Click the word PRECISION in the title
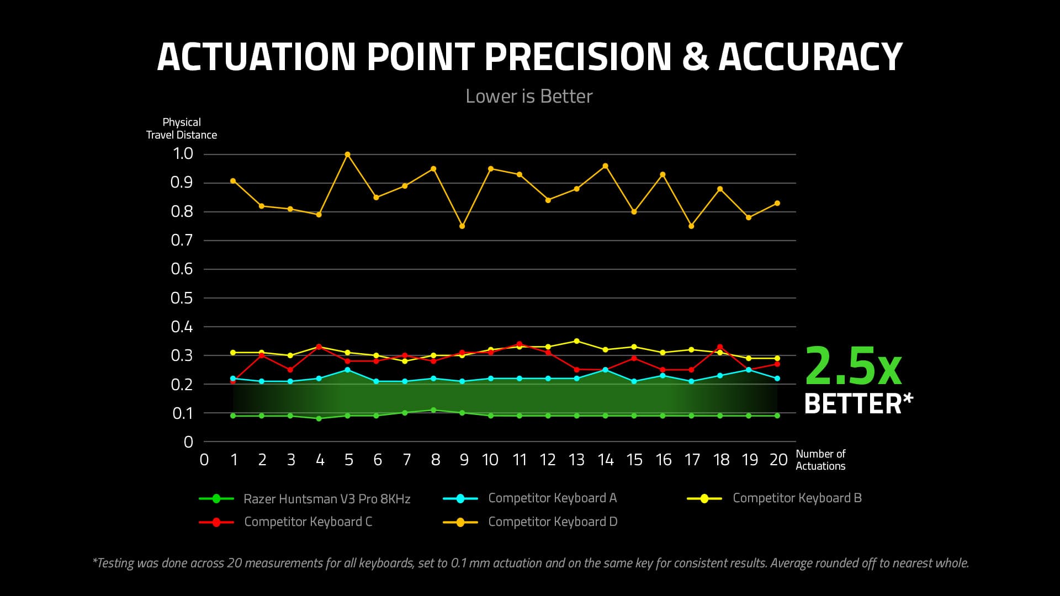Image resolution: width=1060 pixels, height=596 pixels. point(577,57)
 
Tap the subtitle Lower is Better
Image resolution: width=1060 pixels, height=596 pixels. point(529,97)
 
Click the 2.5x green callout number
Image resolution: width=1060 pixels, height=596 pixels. point(853,366)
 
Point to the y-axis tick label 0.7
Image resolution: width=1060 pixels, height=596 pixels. point(182,241)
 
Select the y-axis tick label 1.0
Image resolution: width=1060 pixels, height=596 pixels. point(183,154)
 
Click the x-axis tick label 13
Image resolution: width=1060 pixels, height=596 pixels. point(576,460)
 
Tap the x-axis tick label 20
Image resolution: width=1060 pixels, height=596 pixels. point(778,460)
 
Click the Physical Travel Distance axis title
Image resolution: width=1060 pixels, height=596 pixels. point(182,129)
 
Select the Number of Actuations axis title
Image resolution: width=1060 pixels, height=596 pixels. point(820,460)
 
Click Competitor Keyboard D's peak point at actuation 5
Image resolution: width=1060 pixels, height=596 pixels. point(347,155)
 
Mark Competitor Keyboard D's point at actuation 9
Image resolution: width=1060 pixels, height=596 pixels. point(462,226)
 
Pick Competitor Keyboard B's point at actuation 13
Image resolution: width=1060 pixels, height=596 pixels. point(577,341)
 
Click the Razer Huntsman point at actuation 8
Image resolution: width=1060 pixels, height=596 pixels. point(433,410)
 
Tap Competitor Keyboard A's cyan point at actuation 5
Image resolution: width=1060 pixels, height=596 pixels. point(347,370)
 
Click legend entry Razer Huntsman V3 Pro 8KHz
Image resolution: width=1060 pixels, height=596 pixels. point(327,499)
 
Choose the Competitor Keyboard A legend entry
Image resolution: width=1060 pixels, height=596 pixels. point(552,498)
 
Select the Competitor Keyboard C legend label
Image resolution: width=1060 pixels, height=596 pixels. point(308,522)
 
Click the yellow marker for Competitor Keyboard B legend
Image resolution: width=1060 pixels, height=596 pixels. point(704,499)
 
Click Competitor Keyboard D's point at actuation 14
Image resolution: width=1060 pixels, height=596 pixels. point(606,166)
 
